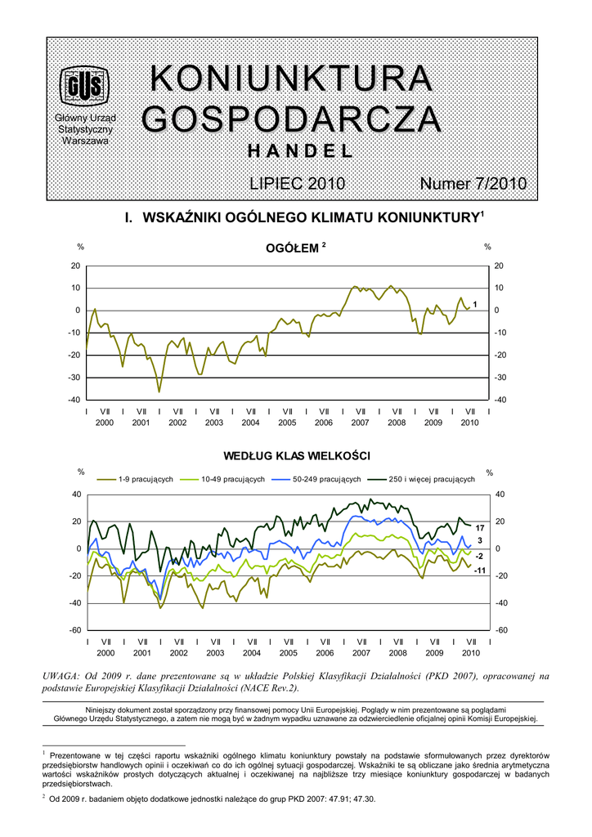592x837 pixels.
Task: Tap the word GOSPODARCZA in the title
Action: pyautogui.click(x=291, y=119)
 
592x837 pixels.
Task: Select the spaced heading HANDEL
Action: pyautogui.click(x=300, y=151)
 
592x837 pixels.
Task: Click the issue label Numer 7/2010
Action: pyautogui.click(x=473, y=184)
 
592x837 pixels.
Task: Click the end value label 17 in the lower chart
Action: pyautogui.click(x=481, y=528)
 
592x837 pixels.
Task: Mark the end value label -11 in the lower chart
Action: pyautogui.click(x=480, y=569)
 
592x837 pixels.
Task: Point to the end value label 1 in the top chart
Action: pyautogui.click(x=475, y=304)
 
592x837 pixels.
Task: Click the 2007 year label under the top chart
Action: pyautogui.click(x=360, y=423)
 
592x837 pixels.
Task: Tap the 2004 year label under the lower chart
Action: pyautogui.click(x=251, y=653)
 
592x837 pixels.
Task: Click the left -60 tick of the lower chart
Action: pyautogui.click(x=74, y=630)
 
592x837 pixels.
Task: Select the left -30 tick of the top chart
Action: pyautogui.click(x=74, y=377)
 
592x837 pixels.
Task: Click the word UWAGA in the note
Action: pyautogui.click(x=61, y=676)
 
